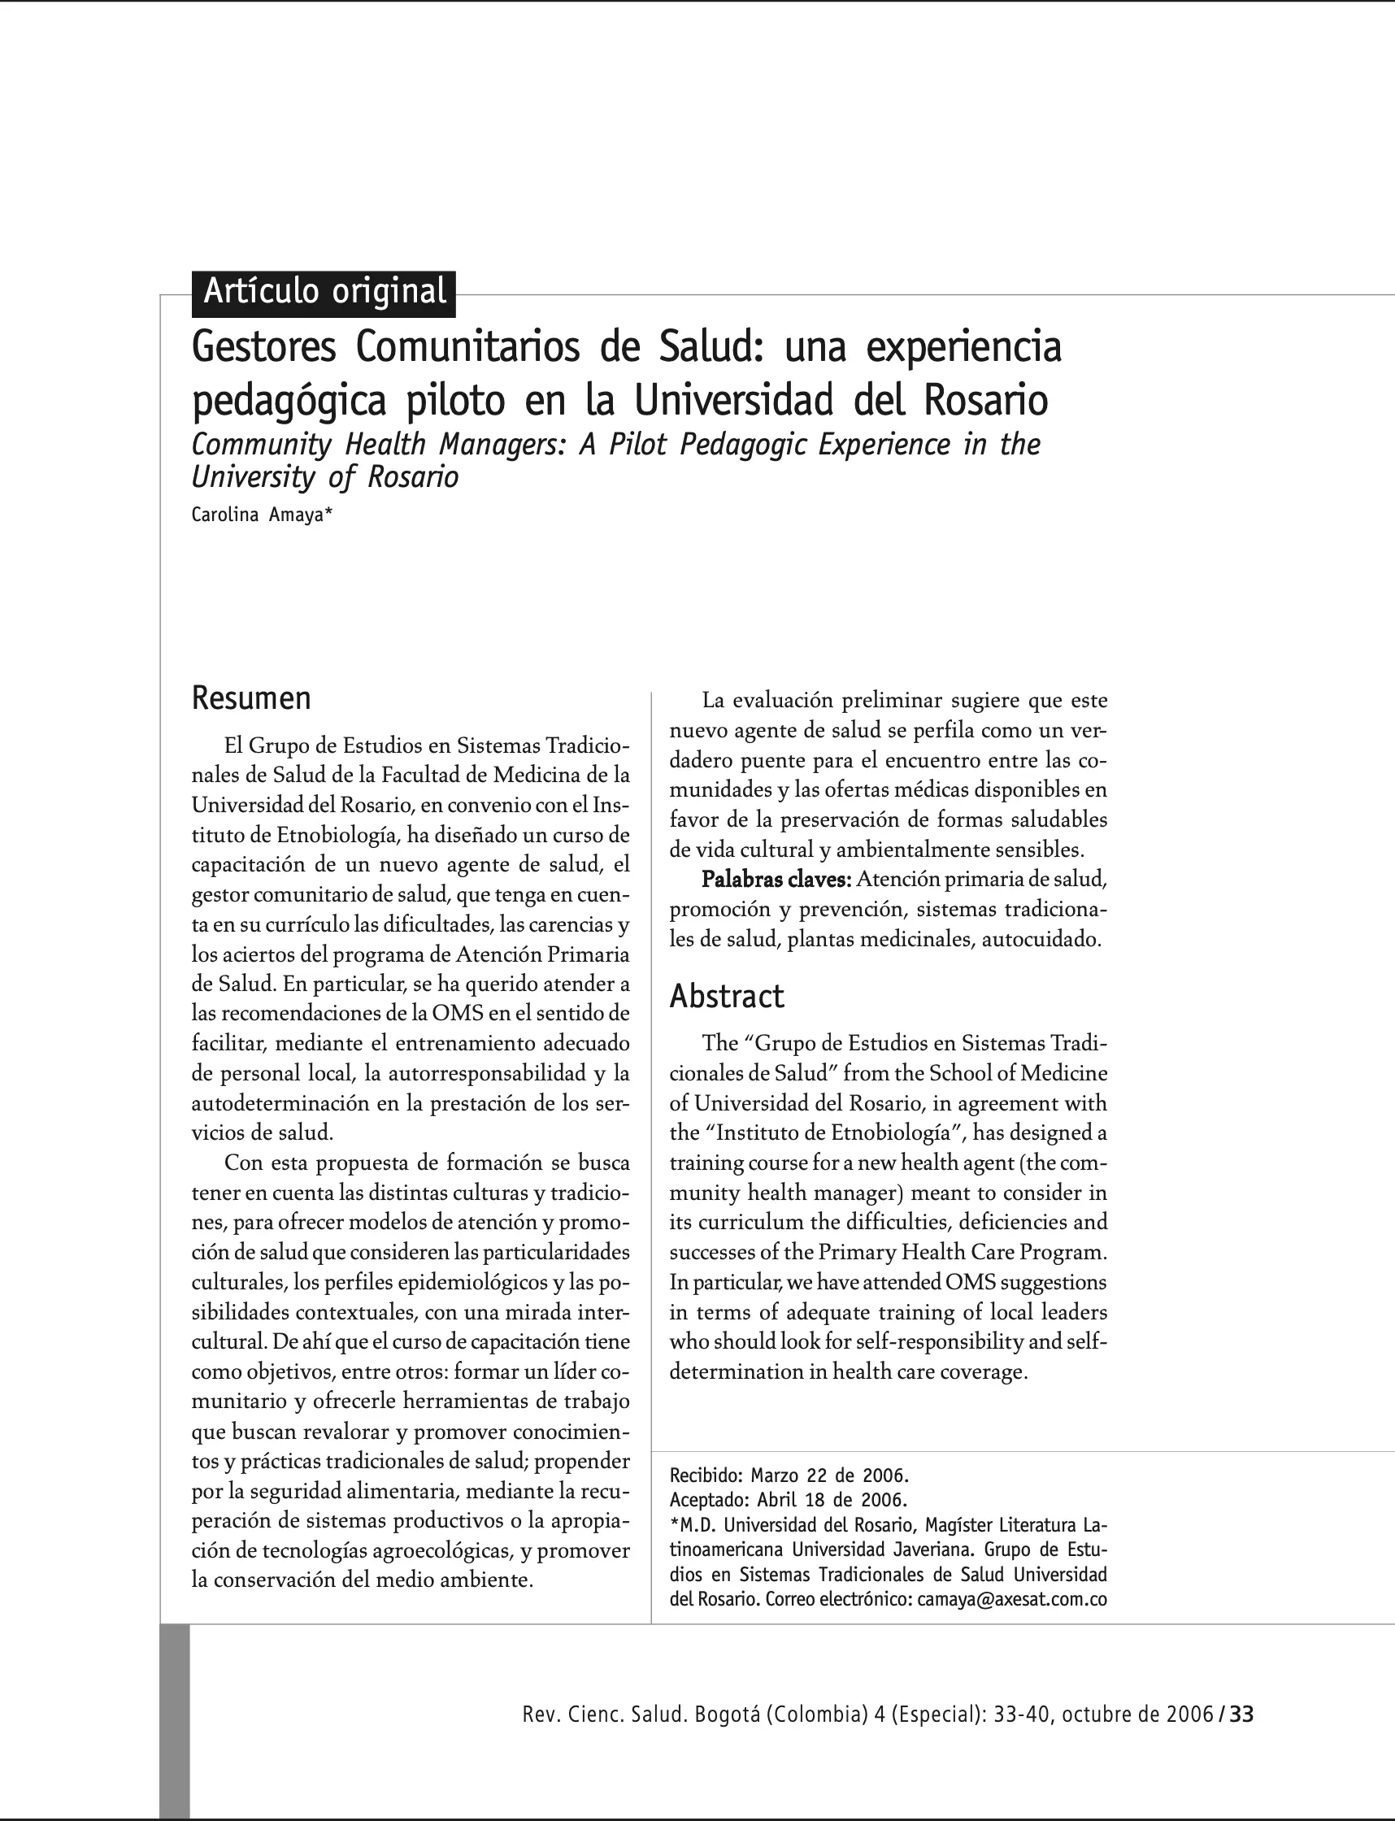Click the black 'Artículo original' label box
tap(324, 293)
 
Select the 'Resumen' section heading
tap(250, 698)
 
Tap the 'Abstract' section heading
tap(727, 996)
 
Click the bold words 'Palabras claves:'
tap(776, 879)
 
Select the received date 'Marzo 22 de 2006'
tap(829, 1475)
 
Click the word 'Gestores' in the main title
tap(264, 347)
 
